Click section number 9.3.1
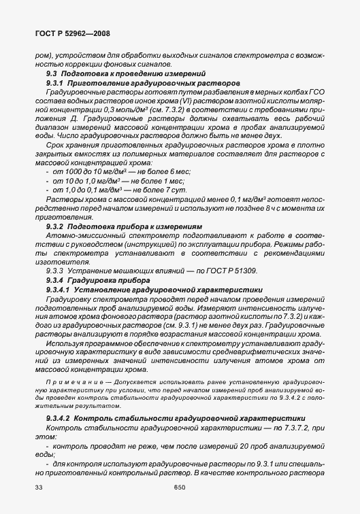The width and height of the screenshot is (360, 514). (55, 82)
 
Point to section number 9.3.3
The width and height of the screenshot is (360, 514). (54, 270)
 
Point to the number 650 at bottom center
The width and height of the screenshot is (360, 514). (180, 487)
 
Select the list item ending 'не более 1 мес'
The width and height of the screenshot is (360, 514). (105, 182)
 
